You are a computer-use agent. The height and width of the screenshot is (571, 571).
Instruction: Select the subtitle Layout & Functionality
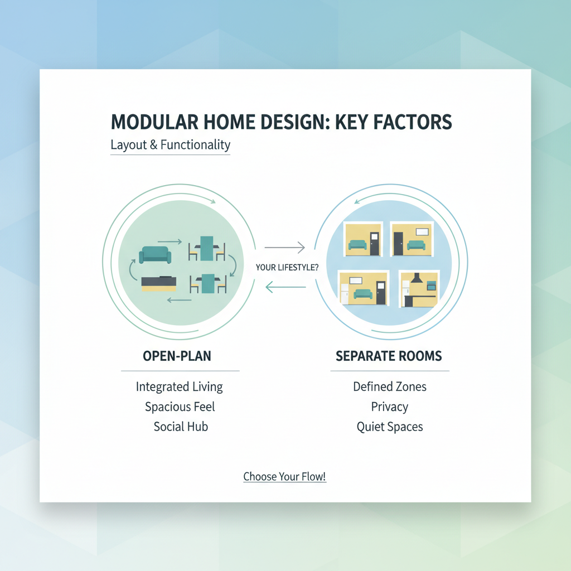pos(170,145)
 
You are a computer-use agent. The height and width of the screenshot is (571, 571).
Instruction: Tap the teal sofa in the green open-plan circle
pos(155,254)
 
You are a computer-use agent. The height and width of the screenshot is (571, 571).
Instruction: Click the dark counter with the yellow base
pos(159,283)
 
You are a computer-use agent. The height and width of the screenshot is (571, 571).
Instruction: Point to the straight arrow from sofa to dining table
pos(173,241)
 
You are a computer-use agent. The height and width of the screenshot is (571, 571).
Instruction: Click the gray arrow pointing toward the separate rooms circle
pos(284,247)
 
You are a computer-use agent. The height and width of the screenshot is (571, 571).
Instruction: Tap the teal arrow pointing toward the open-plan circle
pos(285,287)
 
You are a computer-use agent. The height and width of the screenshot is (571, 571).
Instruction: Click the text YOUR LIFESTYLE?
pos(287,268)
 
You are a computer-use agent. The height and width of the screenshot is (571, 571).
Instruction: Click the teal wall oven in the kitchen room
pos(431,285)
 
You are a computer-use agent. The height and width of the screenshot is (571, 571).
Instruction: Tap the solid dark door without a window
pos(398,243)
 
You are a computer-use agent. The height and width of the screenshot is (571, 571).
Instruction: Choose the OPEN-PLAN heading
pos(177,356)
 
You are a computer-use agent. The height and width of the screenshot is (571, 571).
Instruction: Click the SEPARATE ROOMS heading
pos(389,356)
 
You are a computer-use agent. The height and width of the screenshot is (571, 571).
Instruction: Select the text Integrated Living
pos(179,386)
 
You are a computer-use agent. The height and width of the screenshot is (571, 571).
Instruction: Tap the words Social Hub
pos(181,427)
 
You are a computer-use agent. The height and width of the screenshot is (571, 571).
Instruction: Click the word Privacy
pos(390,407)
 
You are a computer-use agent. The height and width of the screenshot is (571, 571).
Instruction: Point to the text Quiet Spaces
pos(390,427)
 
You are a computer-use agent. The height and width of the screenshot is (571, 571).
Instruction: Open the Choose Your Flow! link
pos(284,477)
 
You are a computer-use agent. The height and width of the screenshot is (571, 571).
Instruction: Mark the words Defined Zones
pos(390,386)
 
